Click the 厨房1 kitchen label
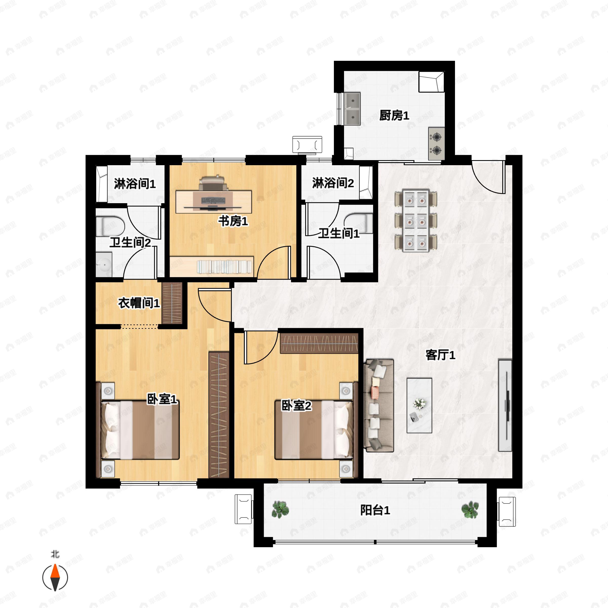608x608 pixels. point(394,116)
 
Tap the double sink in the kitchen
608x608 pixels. point(352,109)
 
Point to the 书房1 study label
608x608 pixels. point(233,221)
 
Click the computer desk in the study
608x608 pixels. point(214,201)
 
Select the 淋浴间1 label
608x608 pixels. point(135,183)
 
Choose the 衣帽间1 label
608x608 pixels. point(139,303)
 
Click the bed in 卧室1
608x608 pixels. point(140,430)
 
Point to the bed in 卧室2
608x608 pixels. point(314,430)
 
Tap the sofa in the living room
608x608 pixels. point(379,406)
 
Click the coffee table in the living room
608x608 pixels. point(419,405)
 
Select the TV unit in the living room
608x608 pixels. point(505,406)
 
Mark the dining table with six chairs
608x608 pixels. point(416,220)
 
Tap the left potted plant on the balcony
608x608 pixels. point(280,509)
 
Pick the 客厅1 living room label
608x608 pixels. point(440,355)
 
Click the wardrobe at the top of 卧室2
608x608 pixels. point(319,343)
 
